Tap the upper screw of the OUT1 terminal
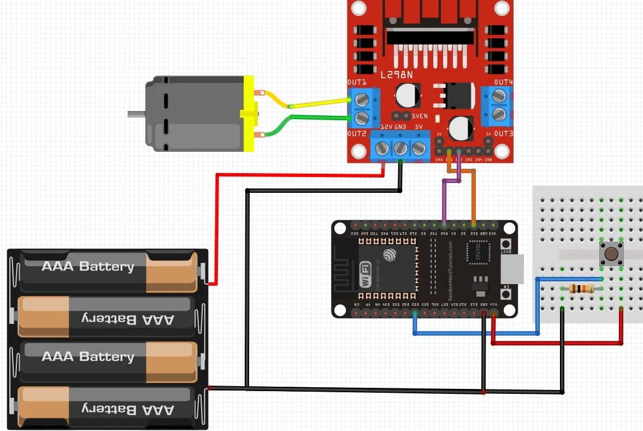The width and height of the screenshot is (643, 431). [x=361, y=100]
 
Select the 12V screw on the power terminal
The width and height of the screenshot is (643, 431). [x=382, y=148]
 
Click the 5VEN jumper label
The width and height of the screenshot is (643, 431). [x=420, y=115]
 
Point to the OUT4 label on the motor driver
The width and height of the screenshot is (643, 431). [x=503, y=82]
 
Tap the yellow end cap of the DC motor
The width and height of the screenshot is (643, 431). [x=249, y=114]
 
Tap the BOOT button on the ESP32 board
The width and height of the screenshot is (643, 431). [x=506, y=244]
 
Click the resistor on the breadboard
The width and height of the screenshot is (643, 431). [x=581, y=289]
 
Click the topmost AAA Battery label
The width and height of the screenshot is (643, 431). [x=87, y=267]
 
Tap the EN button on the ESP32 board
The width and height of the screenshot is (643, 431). [x=506, y=294]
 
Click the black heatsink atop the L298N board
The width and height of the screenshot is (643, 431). [x=430, y=36]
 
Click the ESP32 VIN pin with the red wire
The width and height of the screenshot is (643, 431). [x=493, y=313]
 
